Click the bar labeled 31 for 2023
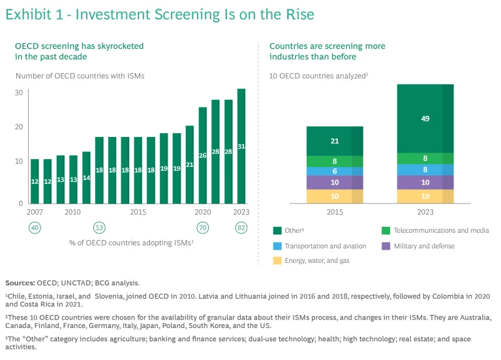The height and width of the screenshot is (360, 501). [x=241, y=146]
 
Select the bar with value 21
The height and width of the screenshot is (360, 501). [x=190, y=164]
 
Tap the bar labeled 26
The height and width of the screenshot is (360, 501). [x=203, y=155]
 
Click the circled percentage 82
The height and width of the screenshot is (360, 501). [x=241, y=228]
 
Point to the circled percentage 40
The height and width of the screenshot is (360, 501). [x=35, y=228]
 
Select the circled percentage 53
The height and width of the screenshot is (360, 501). [x=99, y=228]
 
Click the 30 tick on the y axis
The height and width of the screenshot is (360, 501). [x=20, y=93]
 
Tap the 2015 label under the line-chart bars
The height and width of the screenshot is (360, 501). [x=138, y=213]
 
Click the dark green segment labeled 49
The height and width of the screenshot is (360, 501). [x=425, y=119]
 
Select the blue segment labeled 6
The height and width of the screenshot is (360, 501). [x=335, y=171]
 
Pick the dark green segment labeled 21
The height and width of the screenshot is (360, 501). [x=335, y=141]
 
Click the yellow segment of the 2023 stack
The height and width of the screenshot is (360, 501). [x=425, y=197]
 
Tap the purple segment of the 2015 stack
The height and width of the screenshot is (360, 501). [x=335, y=183]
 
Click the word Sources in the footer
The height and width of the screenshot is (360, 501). [x=20, y=283]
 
